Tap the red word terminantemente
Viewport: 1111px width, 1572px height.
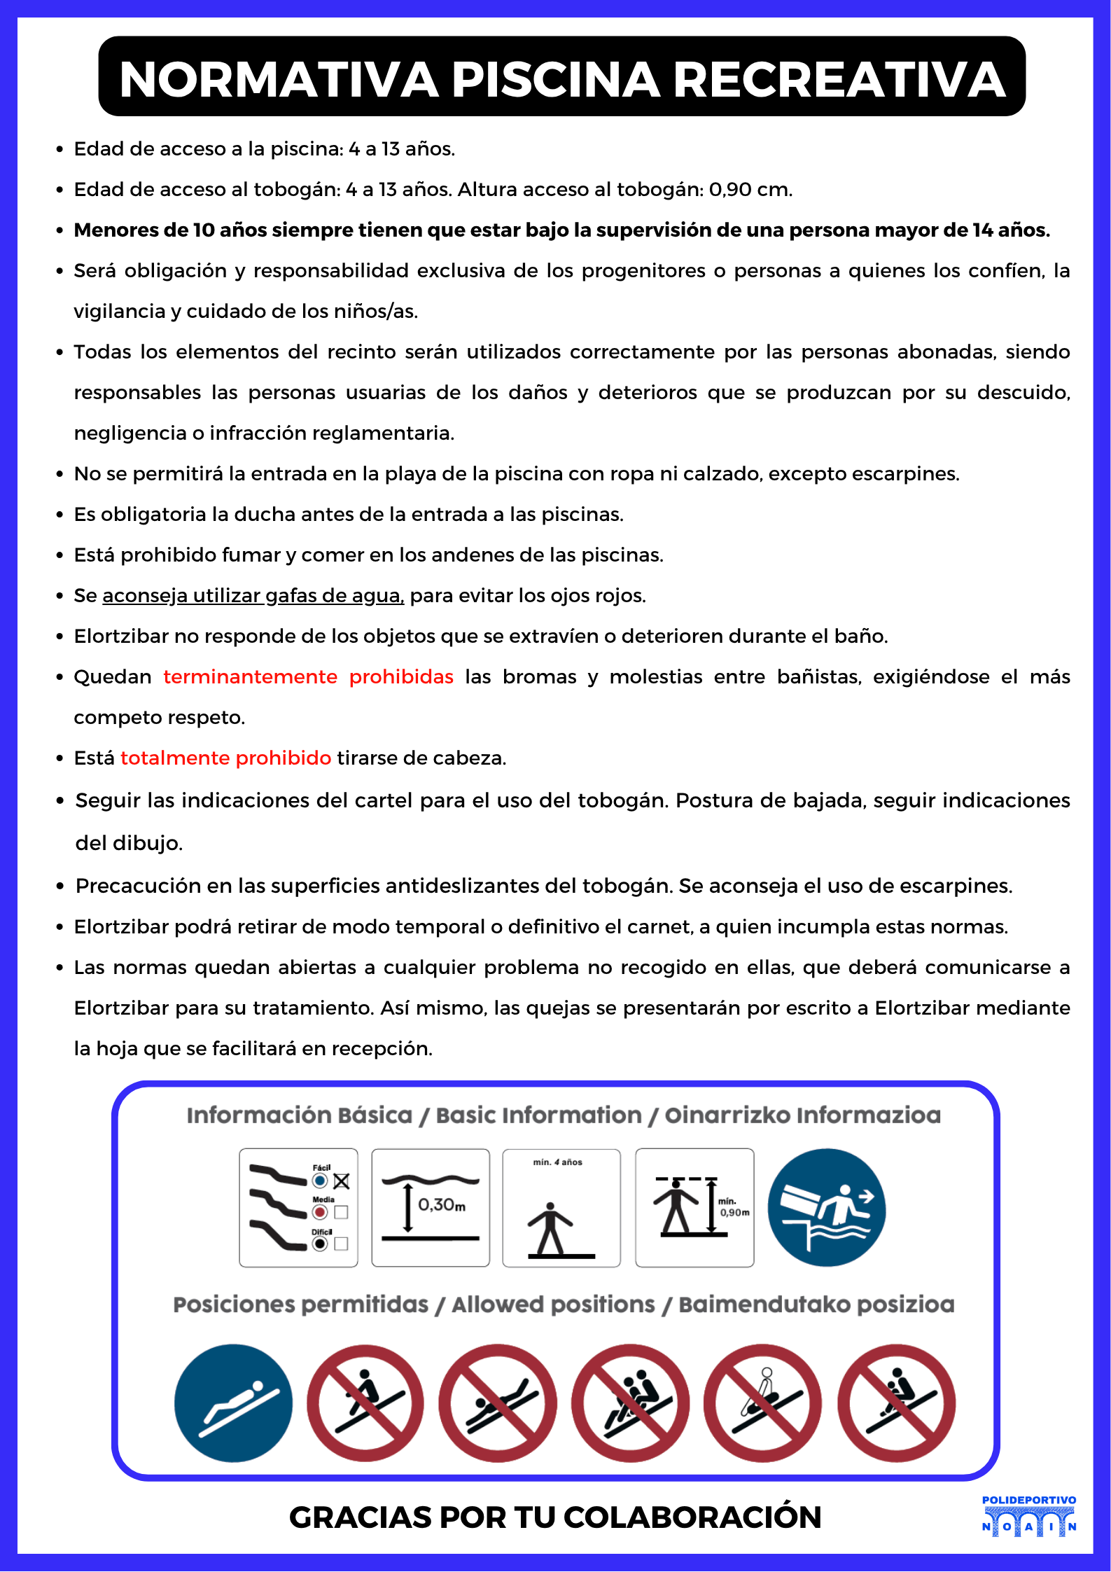250,677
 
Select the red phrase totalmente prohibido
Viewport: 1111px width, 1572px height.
225,758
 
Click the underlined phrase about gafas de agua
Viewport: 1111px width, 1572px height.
253,596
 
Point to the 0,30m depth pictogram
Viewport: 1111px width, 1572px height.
430,1207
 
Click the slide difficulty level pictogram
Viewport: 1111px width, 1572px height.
298,1207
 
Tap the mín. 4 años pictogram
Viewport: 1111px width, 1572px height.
561,1207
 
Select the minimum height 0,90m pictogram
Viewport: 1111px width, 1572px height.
694,1207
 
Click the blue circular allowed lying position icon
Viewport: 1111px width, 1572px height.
233,1403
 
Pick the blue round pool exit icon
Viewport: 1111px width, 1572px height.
826,1207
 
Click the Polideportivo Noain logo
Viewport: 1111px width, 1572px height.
1028,1516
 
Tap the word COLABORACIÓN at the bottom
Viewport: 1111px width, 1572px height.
692,1517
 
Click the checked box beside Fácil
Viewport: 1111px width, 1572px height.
341,1181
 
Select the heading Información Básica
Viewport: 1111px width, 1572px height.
299,1115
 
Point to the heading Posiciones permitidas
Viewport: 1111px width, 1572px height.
300,1305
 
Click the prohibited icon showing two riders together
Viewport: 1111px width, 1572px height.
630,1403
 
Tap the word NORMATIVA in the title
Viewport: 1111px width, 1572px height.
279,79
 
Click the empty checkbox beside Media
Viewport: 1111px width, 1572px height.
341,1212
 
